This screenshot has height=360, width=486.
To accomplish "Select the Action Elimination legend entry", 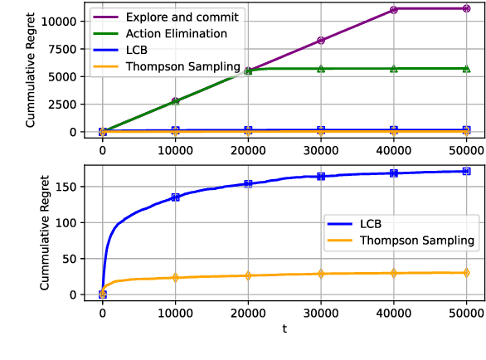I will pos(177,34).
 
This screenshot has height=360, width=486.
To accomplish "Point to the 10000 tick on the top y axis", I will pos(66,21).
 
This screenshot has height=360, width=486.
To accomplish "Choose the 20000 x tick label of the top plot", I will pos(248,149).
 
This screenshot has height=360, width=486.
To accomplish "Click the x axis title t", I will pos(284,329).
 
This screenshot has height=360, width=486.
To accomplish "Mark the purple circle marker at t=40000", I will pos(394,10).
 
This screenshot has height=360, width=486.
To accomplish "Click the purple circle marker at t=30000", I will pos(321,40).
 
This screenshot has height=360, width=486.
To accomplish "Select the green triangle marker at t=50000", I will pos(466,68).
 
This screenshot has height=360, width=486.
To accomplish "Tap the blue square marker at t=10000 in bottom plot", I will pos(175,197).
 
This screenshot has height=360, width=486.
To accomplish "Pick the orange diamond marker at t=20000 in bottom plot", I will pos(248,275).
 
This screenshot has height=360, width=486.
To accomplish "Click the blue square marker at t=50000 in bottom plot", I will pos(466,172).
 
